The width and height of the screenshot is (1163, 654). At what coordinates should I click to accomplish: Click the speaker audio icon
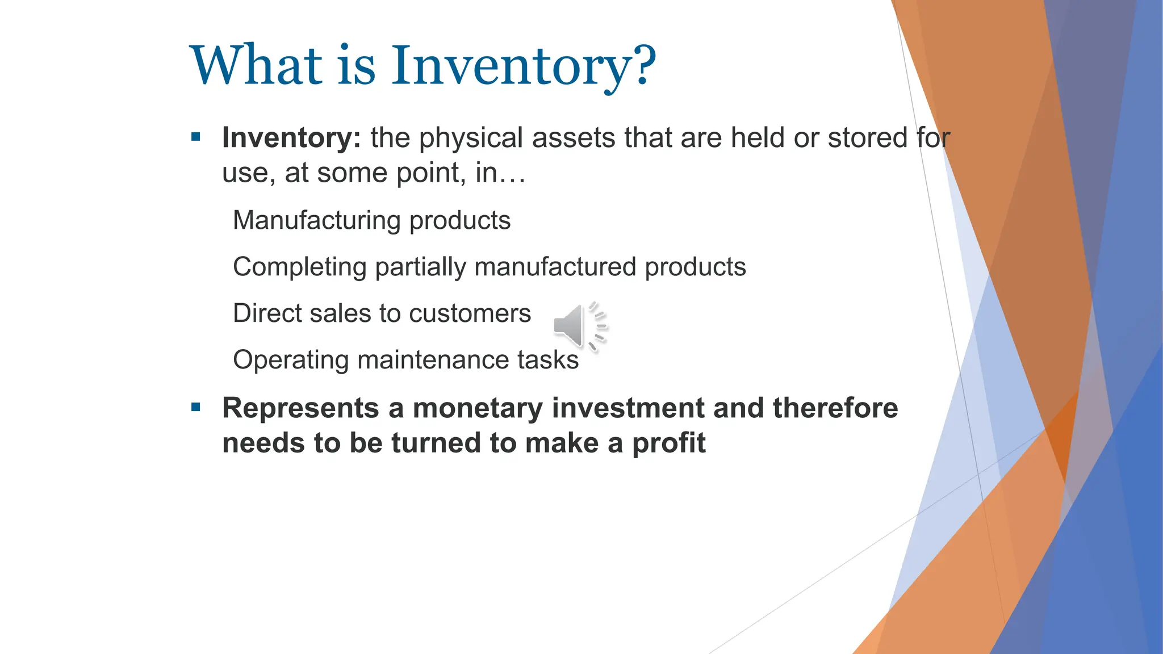578,326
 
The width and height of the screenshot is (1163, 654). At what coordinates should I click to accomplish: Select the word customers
470,313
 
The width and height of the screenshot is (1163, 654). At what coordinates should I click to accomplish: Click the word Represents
300,408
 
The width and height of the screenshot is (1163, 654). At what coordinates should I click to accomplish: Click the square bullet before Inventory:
196,137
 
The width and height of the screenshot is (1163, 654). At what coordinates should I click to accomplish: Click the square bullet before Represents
196,407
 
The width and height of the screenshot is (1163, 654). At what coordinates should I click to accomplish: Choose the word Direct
263,313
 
